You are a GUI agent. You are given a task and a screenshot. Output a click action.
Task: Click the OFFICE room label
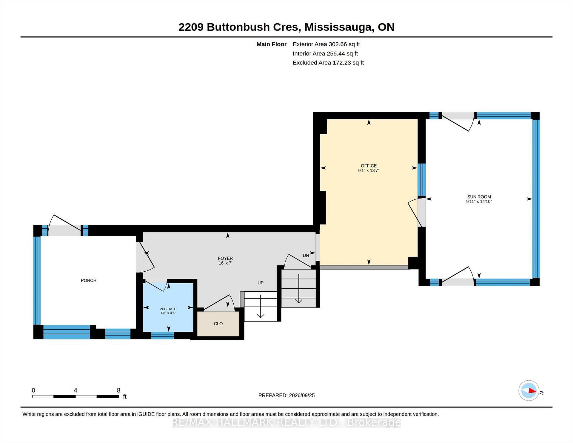tap(369, 166)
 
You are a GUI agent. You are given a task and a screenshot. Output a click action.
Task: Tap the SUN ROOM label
tap(479, 197)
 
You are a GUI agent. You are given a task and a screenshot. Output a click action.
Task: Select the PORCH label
tap(89, 280)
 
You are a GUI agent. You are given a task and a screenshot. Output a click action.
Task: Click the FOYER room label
tap(225, 258)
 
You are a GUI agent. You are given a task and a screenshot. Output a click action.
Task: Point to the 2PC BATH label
tap(168, 309)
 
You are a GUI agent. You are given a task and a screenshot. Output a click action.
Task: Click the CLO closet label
tap(218, 324)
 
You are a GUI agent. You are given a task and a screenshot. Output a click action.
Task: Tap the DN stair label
tap(306, 255)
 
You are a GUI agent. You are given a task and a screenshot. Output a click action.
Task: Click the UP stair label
tap(261, 283)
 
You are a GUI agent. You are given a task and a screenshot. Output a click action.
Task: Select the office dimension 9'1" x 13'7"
tap(369, 170)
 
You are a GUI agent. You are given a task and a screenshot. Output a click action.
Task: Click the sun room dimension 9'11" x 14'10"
tap(479, 201)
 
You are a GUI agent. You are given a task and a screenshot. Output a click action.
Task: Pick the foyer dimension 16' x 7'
tap(225, 263)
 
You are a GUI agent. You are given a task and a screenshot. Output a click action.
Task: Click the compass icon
tap(529, 390)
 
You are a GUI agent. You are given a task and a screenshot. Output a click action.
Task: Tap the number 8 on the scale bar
tap(118, 390)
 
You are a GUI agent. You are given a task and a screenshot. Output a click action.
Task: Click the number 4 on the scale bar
tap(76, 390)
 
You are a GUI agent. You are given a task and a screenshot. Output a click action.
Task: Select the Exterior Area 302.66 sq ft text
tap(326, 44)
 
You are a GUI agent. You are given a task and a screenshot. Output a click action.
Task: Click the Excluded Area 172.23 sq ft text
tap(328, 63)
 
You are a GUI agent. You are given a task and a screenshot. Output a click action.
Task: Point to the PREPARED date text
tap(286, 395)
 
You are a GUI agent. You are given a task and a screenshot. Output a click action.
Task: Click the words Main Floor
tap(272, 44)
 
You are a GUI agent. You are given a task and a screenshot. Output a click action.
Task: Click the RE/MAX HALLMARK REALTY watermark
tap(286, 422)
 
